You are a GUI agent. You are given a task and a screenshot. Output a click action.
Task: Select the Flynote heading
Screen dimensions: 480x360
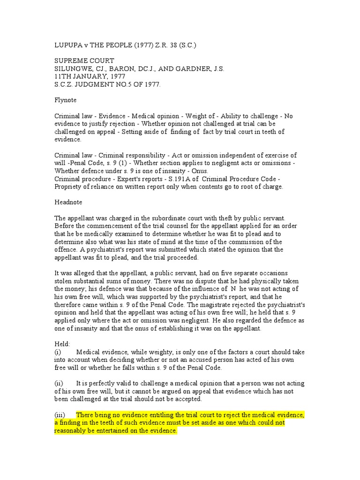tap(66, 100)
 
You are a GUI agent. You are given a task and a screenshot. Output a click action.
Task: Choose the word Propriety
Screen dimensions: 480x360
tap(70, 187)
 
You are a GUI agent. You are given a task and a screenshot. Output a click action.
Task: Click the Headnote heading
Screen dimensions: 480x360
tap(68, 202)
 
